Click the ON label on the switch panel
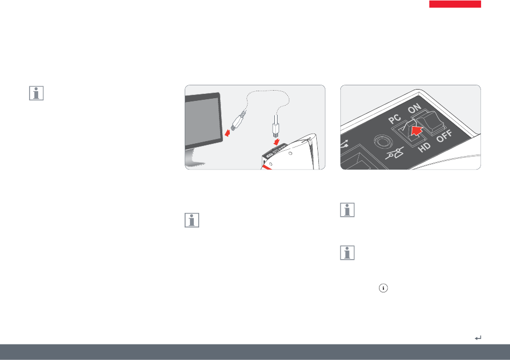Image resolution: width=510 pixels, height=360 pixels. pos(414,108)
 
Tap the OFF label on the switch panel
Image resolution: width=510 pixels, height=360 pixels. pos(445,136)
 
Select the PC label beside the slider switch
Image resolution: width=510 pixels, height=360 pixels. pos(395,119)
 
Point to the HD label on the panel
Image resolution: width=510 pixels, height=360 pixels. pos(425,148)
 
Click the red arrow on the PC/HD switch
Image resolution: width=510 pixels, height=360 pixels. pos(417,130)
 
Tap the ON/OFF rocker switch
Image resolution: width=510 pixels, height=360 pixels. pos(428,122)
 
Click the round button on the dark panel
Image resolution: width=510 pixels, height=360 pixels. pos(383,142)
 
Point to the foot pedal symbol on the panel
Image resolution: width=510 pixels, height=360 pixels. pos(395,153)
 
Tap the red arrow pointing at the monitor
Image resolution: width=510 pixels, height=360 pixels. pos(228,132)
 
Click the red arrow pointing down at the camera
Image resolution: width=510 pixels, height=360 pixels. pos(277,142)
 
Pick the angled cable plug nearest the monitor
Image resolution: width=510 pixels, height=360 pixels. pos(238,121)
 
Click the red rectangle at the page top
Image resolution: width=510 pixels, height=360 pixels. pos(455,4)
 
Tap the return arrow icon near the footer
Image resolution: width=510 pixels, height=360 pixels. pos(478,338)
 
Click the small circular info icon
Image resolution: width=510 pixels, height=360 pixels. pos(383,288)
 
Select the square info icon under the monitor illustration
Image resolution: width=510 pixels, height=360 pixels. pos(192,221)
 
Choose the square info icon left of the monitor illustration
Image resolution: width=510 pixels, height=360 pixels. pos(37,93)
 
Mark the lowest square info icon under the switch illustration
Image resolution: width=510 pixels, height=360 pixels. pos(347,253)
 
